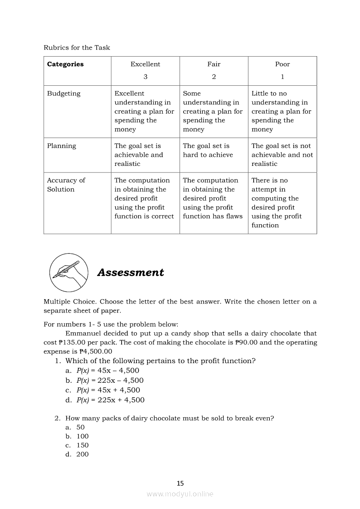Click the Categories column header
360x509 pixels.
(65, 64)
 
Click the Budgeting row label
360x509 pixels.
(64, 94)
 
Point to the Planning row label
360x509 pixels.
(61, 146)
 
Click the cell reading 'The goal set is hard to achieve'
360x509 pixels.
(208, 151)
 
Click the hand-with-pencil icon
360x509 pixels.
(68, 273)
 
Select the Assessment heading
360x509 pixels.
(130, 273)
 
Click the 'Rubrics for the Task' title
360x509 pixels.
(77, 47)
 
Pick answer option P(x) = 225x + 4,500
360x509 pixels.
(110, 400)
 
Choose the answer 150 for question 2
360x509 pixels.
(82, 445)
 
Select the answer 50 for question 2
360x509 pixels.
(80, 427)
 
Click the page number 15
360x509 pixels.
(180, 483)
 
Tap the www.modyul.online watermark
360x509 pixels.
(180, 494)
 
